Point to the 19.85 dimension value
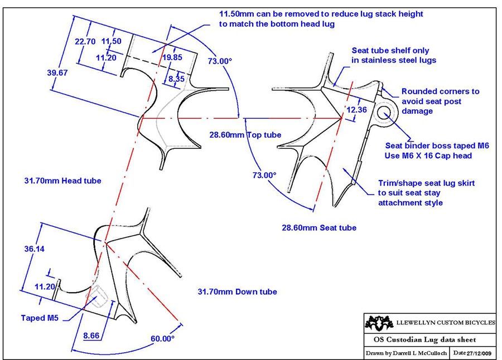(x=173, y=56)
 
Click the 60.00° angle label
(x=162, y=338)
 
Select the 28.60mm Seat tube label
(x=318, y=227)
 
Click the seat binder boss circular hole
(x=385, y=114)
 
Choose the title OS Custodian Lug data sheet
(x=424, y=339)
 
